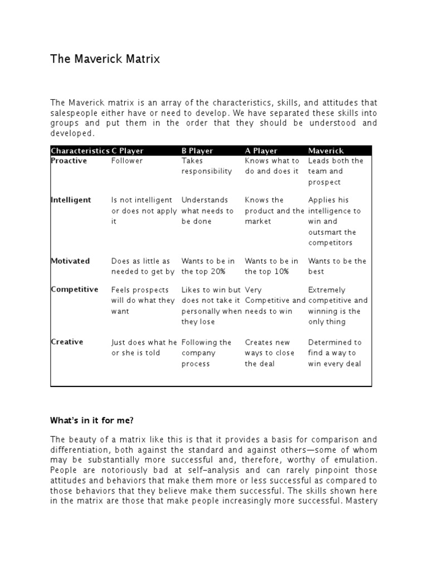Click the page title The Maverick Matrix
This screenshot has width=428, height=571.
105,59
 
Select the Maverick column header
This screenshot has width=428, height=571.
326,151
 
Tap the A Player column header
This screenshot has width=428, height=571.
261,151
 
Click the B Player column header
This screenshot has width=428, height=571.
198,151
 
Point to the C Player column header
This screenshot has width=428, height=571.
128,151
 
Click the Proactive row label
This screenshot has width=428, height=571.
69,161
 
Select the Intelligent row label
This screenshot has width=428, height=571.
71,200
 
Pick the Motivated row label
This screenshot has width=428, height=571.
70,261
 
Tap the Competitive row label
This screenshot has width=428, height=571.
74,289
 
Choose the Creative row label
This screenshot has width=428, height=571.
67,342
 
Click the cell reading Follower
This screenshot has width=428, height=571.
127,161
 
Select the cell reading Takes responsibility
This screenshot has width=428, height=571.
207,166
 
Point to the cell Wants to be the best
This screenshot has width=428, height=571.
337,266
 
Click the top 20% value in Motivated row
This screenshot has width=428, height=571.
208,272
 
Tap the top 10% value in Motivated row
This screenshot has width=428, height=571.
271,272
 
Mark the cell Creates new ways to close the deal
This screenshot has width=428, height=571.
267,353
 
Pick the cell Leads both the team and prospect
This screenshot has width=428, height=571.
335,171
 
